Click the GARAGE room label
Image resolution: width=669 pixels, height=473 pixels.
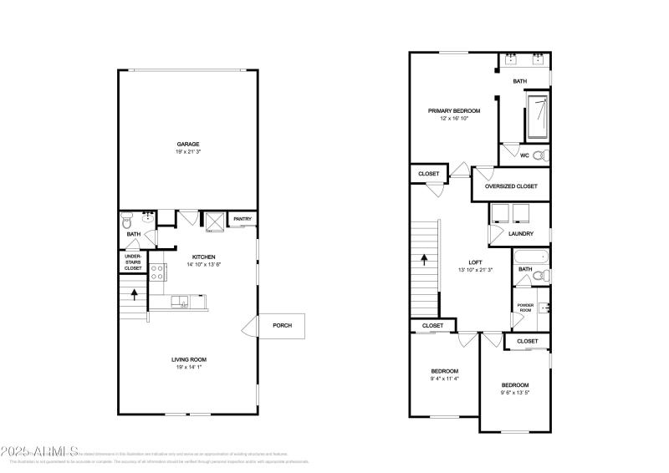(187, 144)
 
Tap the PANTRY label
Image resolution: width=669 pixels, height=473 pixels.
(243, 219)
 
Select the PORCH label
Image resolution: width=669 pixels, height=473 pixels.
(282, 325)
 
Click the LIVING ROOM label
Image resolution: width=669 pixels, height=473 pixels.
(189, 359)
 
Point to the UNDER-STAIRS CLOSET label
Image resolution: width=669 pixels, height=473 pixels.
(133, 262)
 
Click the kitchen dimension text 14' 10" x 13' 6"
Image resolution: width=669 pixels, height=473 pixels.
(204, 265)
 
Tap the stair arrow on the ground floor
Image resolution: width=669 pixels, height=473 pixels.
(133, 294)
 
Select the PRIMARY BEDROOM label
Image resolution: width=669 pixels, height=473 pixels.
(454, 110)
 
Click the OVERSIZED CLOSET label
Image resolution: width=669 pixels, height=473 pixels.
(511, 186)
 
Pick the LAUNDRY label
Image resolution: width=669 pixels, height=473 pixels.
(521, 233)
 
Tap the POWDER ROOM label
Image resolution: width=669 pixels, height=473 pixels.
(525, 308)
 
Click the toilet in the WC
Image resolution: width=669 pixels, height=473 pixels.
(539, 155)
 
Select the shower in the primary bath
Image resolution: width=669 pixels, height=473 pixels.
(536, 118)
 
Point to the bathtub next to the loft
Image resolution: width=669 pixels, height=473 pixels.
(529, 257)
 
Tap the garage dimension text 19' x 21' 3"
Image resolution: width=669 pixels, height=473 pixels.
(187, 152)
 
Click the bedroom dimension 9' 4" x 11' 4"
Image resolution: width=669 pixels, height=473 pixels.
(444, 379)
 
